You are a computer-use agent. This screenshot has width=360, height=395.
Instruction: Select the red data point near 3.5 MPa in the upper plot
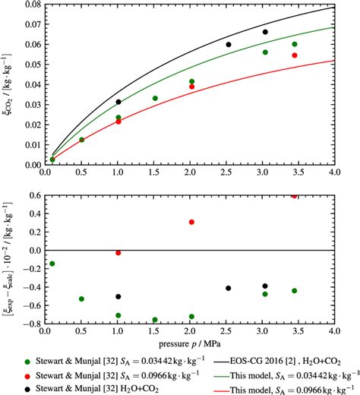click(x=295, y=55)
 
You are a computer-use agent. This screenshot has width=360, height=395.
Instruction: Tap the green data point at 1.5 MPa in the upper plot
click(x=155, y=99)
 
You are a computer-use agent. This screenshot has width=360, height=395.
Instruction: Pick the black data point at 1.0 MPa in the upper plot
click(x=118, y=102)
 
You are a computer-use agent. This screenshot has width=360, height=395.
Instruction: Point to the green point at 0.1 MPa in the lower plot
click(x=52, y=264)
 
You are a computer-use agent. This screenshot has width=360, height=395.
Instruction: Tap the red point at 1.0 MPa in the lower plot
click(x=118, y=253)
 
